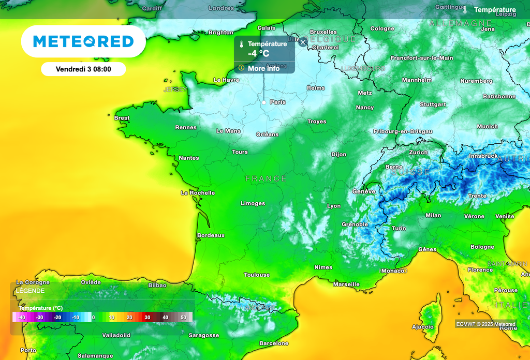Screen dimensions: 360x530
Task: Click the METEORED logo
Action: pyautogui.click(x=83, y=41)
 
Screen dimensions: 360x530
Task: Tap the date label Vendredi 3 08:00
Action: pyautogui.click(x=83, y=69)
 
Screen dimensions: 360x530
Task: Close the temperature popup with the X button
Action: pyautogui.click(x=303, y=42)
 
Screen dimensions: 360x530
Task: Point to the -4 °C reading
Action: pyautogui.click(x=258, y=53)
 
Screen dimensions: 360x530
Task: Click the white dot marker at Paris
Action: pyautogui.click(x=264, y=102)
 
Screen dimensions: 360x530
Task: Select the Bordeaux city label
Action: pyautogui.click(x=211, y=235)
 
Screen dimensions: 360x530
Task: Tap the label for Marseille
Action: pyautogui.click(x=346, y=284)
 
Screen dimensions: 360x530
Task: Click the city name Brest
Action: pyautogui.click(x=122, y=118)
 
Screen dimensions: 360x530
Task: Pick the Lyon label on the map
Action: pyautogui.click(x=334, y=206)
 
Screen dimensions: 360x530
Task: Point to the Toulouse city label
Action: pyautogui.click(x=257, y=275)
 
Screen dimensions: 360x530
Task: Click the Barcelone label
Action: pyautogui.click(x=274, y=343)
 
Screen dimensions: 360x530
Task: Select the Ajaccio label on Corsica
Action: pyautogui.click(x=422, y=327)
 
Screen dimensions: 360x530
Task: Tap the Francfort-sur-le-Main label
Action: pyautogui.click(x=421, y=58)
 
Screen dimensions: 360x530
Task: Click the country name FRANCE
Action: pyautogui.click(x=266, y=178)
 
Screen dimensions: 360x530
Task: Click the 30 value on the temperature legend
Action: pyautogui.click(x=147, y=317)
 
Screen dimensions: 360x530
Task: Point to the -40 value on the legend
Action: pyautogui.click(x=21, y=317)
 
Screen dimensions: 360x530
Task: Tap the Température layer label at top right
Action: pyautogui.click(x=495, y=10)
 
